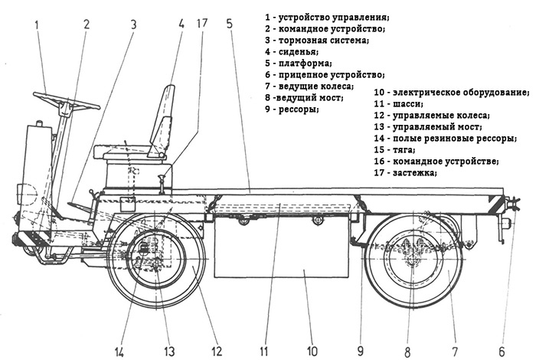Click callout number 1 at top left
38,24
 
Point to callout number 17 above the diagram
201,24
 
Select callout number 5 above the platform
230,24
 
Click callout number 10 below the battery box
312,352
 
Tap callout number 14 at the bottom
121,352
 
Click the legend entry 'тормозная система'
322,39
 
